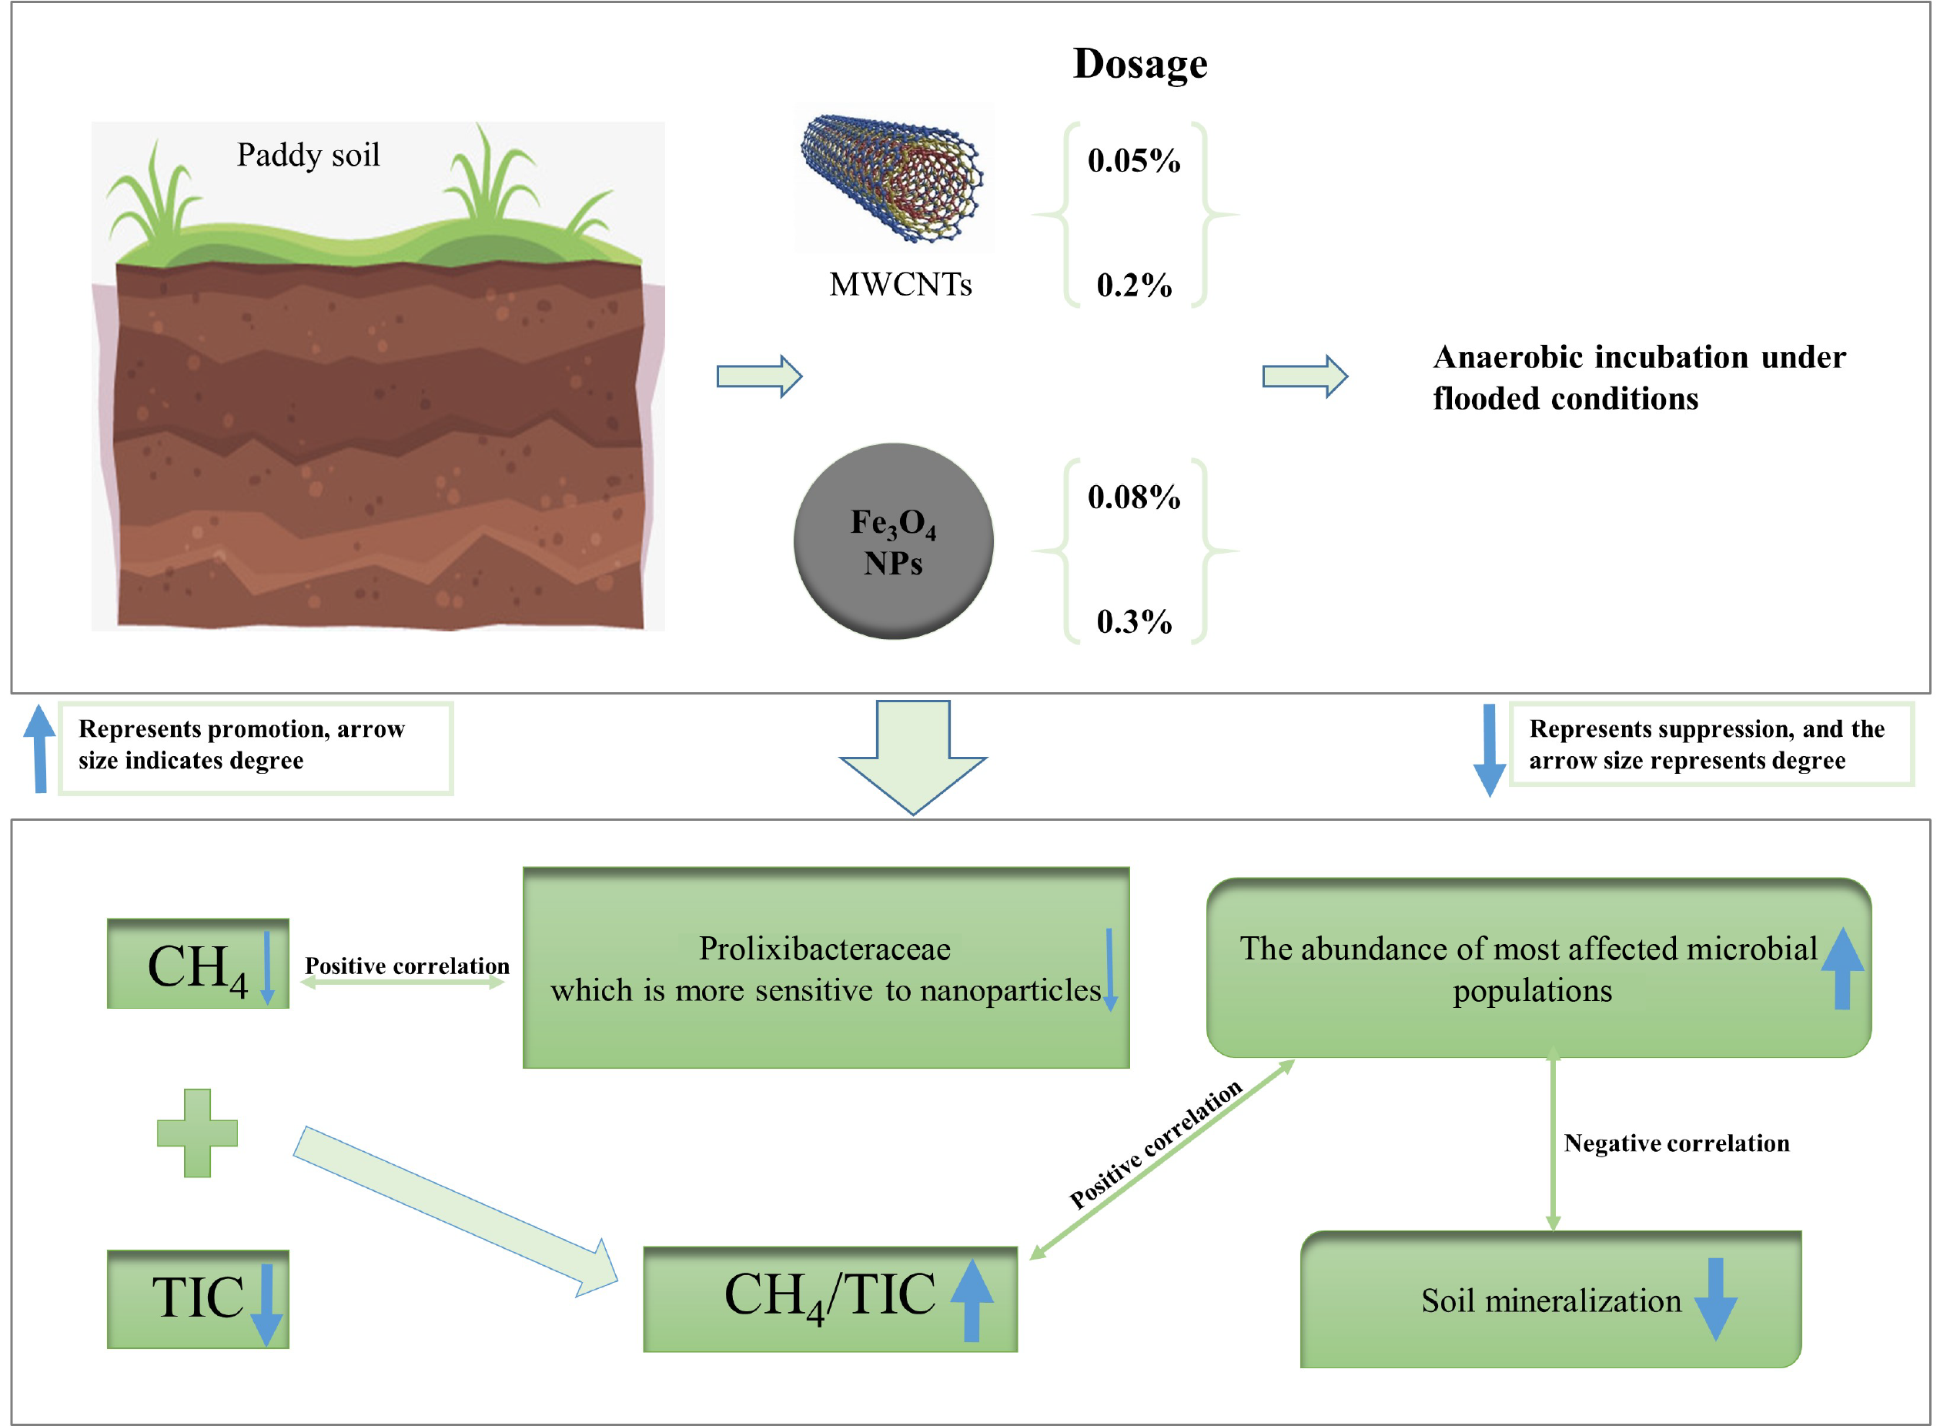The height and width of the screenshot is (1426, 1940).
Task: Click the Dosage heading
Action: click(x=1139, y=64)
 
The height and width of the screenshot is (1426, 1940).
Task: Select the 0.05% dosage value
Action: click(x=1133, y=161)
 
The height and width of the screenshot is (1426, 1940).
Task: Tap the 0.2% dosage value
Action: click(x=1133, y=285)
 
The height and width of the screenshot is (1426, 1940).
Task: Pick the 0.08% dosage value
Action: click(x=1133, y=497)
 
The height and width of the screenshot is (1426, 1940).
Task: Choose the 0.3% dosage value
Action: click(x=1133, y=621)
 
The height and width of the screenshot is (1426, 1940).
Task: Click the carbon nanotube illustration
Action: click(x=892, y=177)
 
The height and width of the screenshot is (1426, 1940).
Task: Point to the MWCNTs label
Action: click(x=900, y=284)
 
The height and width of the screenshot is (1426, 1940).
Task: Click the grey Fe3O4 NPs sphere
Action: click(x=893, y=541)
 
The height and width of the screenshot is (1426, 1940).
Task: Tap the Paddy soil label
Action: click(x=308, y=156)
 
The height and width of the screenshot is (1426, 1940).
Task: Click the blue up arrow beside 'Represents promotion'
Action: click(x=38, y=748)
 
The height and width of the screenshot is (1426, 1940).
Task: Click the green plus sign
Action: click(x=197, y=1133)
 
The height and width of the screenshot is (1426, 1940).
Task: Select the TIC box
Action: click(x=198, y=1298)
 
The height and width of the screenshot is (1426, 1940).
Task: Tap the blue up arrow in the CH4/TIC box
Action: click(x=972, y=1299)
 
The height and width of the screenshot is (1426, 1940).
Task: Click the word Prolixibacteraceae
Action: click(x=824, y=949)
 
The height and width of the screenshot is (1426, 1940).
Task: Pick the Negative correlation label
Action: click(x=1676, y=1143)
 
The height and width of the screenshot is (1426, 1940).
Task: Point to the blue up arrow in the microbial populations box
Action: click(x=1841, y=968)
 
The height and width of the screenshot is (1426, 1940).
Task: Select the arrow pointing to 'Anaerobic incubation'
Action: click(x=1305, y=377)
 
